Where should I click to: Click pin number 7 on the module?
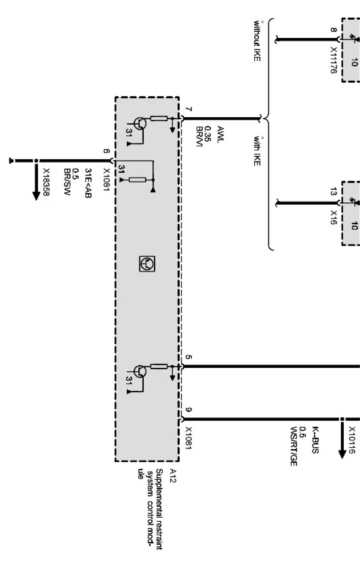[188, 110]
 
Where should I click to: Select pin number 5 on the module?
[188, 357]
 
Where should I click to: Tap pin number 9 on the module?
[188, 410]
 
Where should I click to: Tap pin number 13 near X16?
[333, 191]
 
